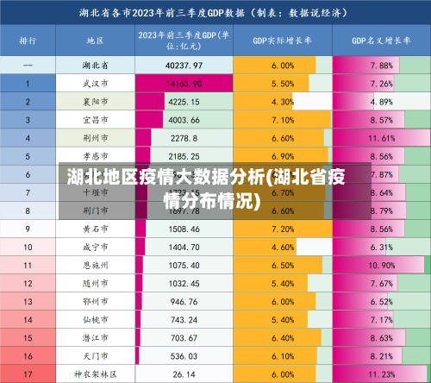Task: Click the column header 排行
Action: tap(28, 40)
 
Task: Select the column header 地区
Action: tap(95, 40)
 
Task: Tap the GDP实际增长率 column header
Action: tap(282, 40)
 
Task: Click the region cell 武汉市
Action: tap(95, 84)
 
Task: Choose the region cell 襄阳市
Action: tap(95, 102)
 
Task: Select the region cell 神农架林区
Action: tap(95, 374)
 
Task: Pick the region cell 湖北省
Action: tap(95, 66)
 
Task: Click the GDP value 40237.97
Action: tap(184, 66)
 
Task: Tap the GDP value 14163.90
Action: tap(184, 84)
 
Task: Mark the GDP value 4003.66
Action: tap(184, 120)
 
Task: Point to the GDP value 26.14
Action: tap(184, 374)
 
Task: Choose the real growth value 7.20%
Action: tap(282, 229)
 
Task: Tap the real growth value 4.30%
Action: tap(282, 102)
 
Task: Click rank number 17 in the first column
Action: tap(28, 374)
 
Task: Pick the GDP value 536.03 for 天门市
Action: tap(184, 355)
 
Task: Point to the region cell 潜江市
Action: tap(95, 337)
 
